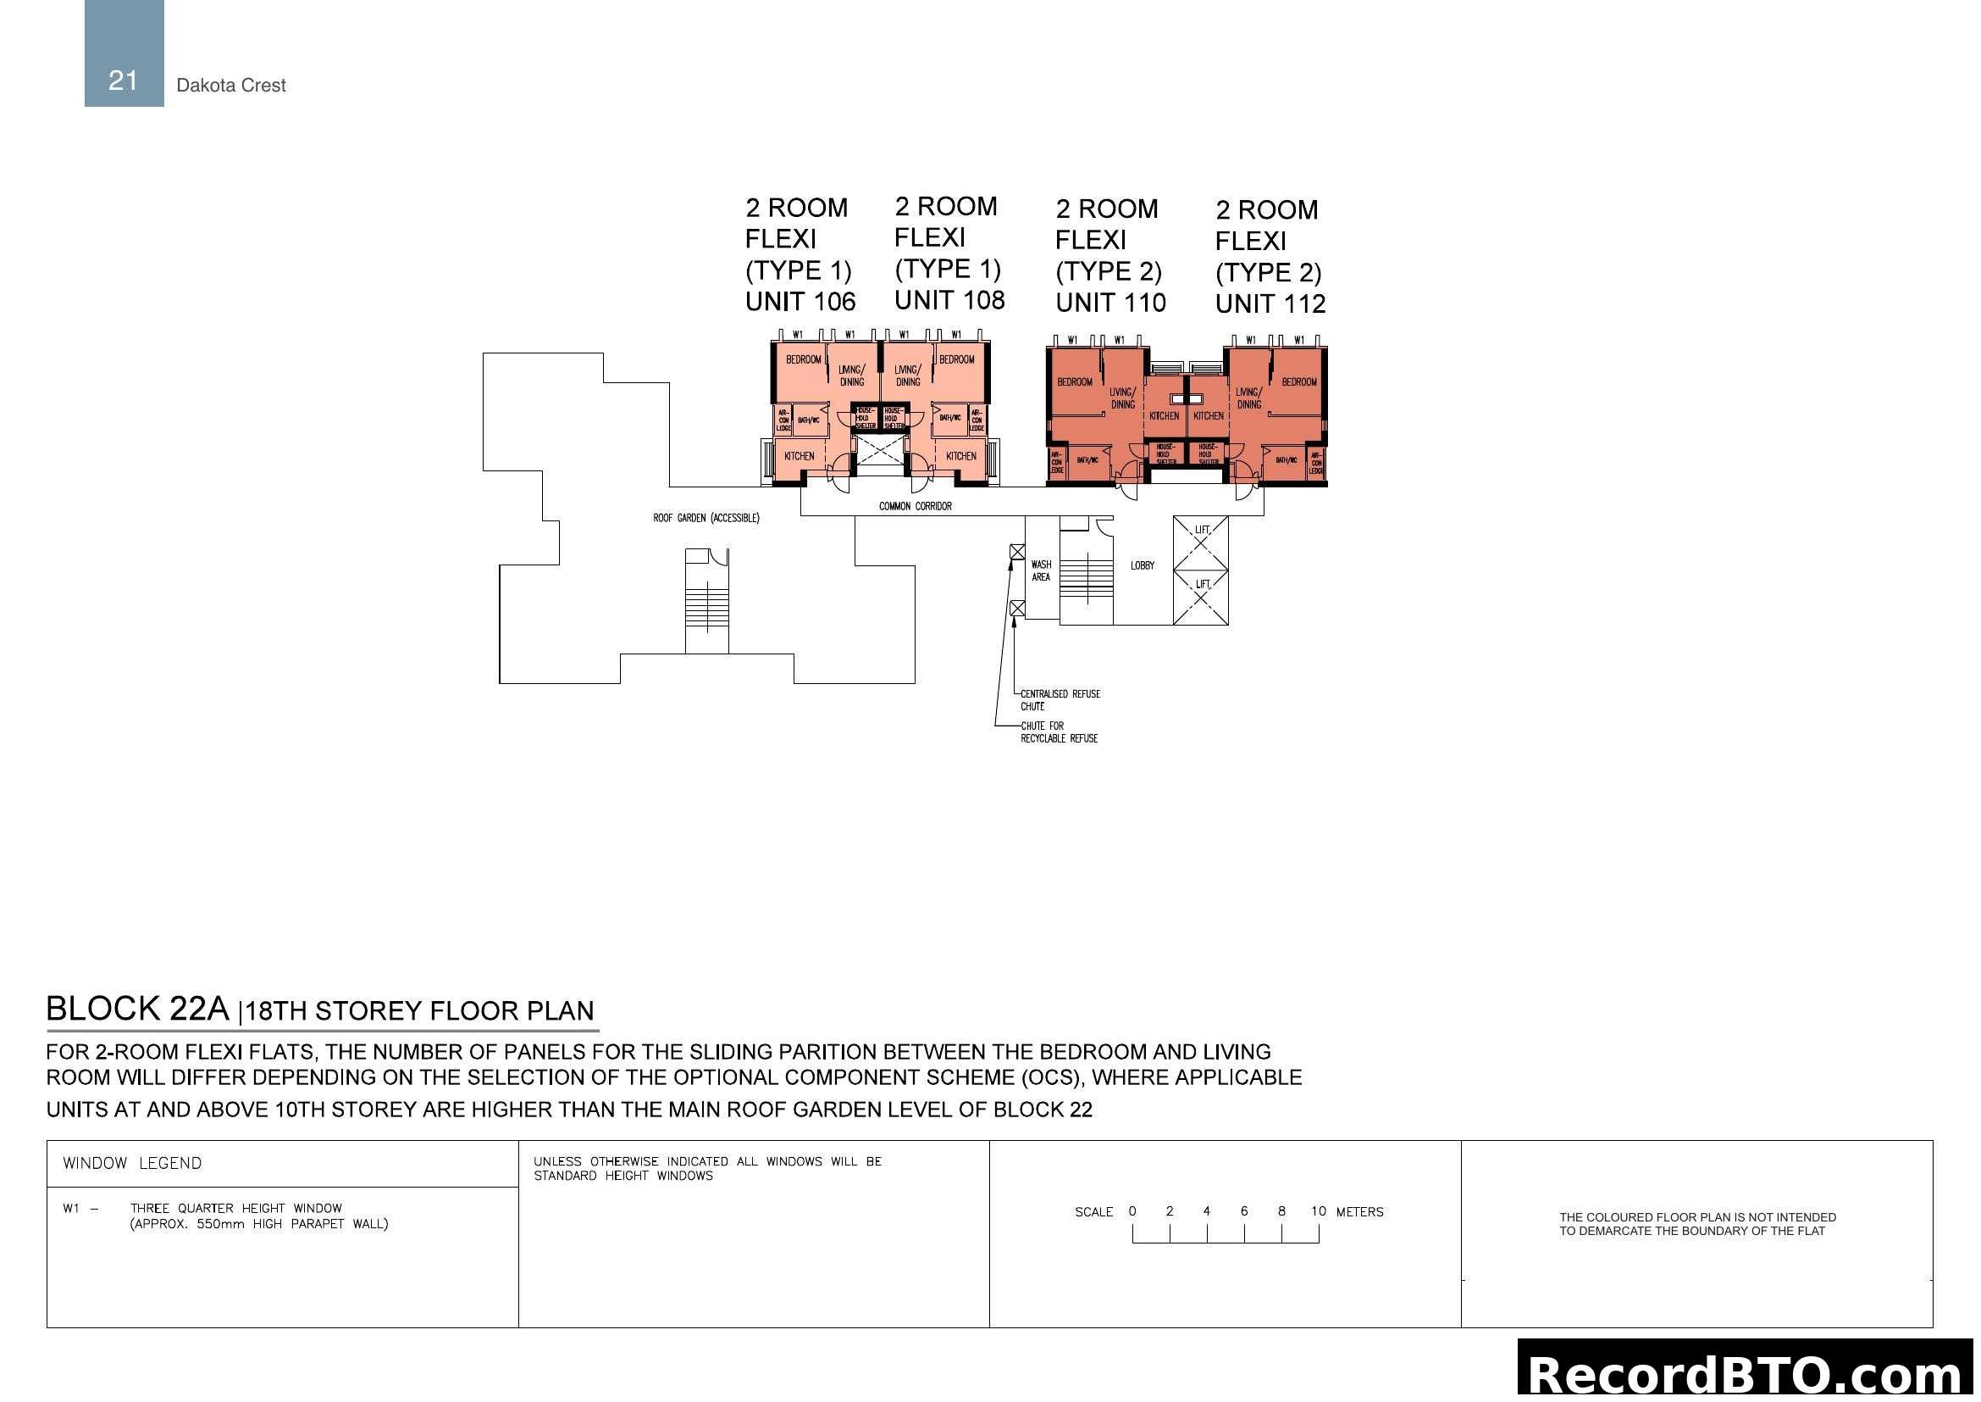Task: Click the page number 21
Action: coord(124,81)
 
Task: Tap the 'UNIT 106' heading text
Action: coord(800,301)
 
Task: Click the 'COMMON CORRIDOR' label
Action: coord(915,506)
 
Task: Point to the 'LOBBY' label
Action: coord(1142,565)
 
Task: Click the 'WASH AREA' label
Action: coord(1041,570)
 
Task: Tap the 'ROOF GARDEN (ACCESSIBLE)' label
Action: coord(706,518)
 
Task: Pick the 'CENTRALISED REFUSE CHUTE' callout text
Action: coord(1060,699)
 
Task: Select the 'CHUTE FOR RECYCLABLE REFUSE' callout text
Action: coord(1059,732)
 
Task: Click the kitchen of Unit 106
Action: coord(799,456)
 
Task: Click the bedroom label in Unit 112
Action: coord(1298,381)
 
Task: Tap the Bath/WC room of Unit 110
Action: coord(1087,460)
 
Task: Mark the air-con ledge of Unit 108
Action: coord(976,420)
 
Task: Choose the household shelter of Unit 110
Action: coord(1165,453)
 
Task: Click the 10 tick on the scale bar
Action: coord(1318,1211)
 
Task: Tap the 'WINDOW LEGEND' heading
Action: coord(132,1163)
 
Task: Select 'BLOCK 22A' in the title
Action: coord(137,1009)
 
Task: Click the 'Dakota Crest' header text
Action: coord(230,85)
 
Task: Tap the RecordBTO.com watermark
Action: coord(1745,1372)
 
